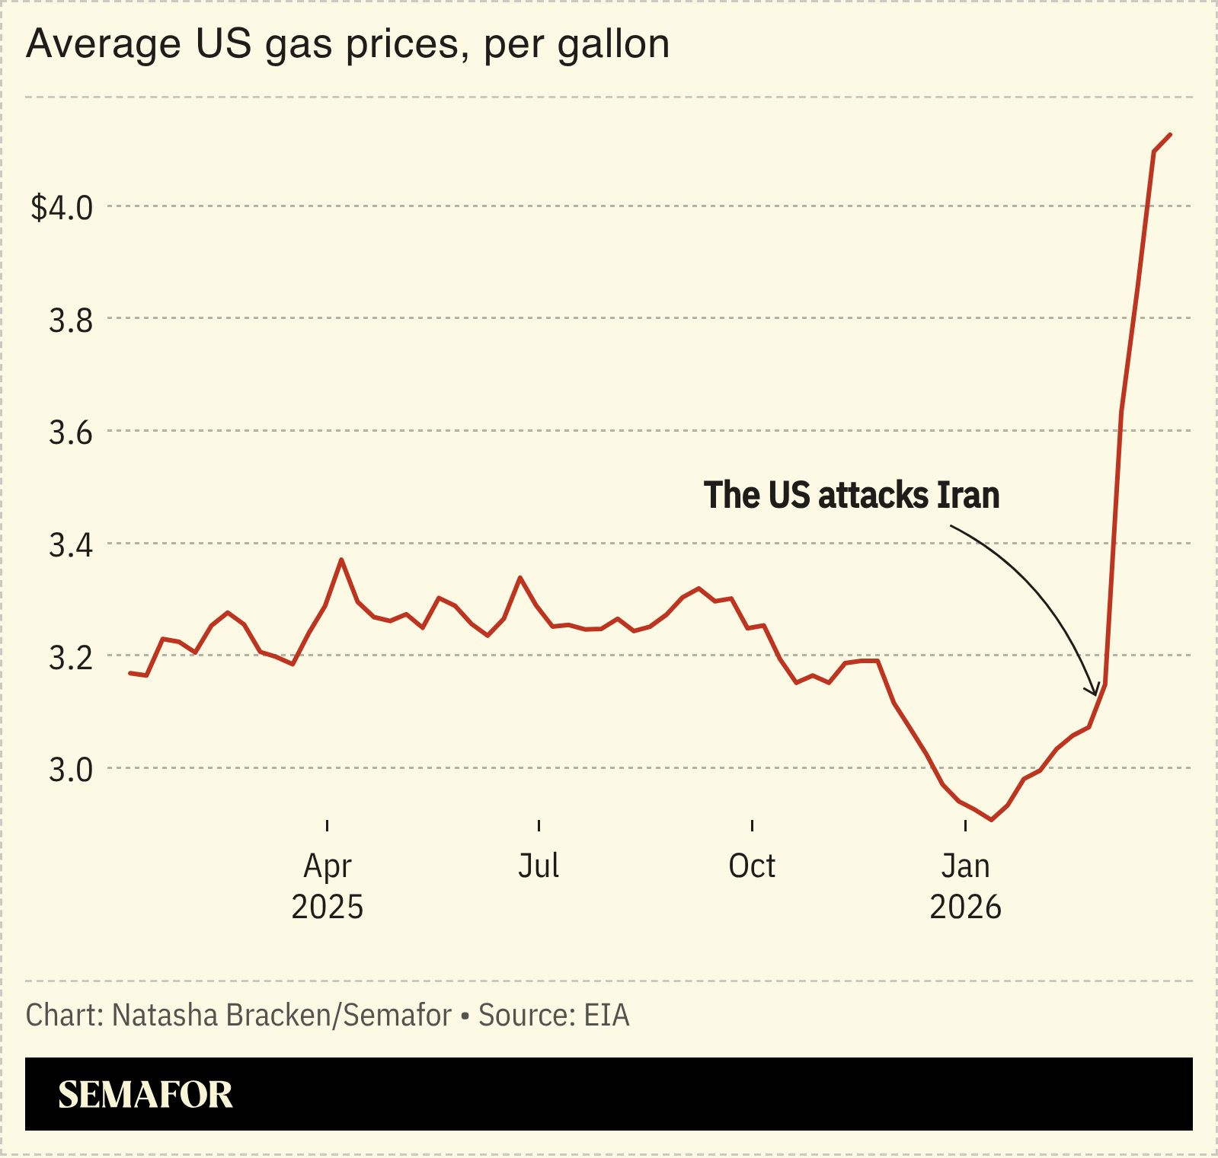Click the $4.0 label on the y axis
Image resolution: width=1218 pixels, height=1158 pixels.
[x=61, y=207]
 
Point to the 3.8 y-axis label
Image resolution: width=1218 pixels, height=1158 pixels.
[x=71, y=321]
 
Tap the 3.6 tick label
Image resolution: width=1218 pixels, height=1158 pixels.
[x=71, y=432]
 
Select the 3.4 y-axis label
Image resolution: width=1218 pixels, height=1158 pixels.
[x=71, y=545]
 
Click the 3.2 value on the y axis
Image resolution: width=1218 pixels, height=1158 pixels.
[x=71, y=657]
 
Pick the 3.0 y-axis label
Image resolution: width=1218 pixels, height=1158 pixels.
[x=71, y=770]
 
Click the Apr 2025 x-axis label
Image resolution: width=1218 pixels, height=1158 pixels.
[x=328, y=886]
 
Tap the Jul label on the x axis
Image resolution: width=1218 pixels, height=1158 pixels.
[x=539, y=866]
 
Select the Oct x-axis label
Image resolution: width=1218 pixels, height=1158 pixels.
[x=752, y=866]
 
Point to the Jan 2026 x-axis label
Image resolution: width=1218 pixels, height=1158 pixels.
[x=965, y=886]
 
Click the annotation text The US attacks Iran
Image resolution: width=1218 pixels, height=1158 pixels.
[x=851, y=495]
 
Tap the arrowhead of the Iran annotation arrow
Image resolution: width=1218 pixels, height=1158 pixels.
[x=1095, y=691]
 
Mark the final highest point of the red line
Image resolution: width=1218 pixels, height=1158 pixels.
[x=1170, y=135]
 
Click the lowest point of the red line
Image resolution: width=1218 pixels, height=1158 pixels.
[x=991, y=820]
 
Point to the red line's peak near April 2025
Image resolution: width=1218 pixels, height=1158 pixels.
[x=341, y=560]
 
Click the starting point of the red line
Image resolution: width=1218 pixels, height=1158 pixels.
[x=130, y=673]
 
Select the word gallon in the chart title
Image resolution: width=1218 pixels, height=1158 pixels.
[x=613, y=44]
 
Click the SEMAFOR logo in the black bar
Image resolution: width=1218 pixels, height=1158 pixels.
[x=145, y=1094]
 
